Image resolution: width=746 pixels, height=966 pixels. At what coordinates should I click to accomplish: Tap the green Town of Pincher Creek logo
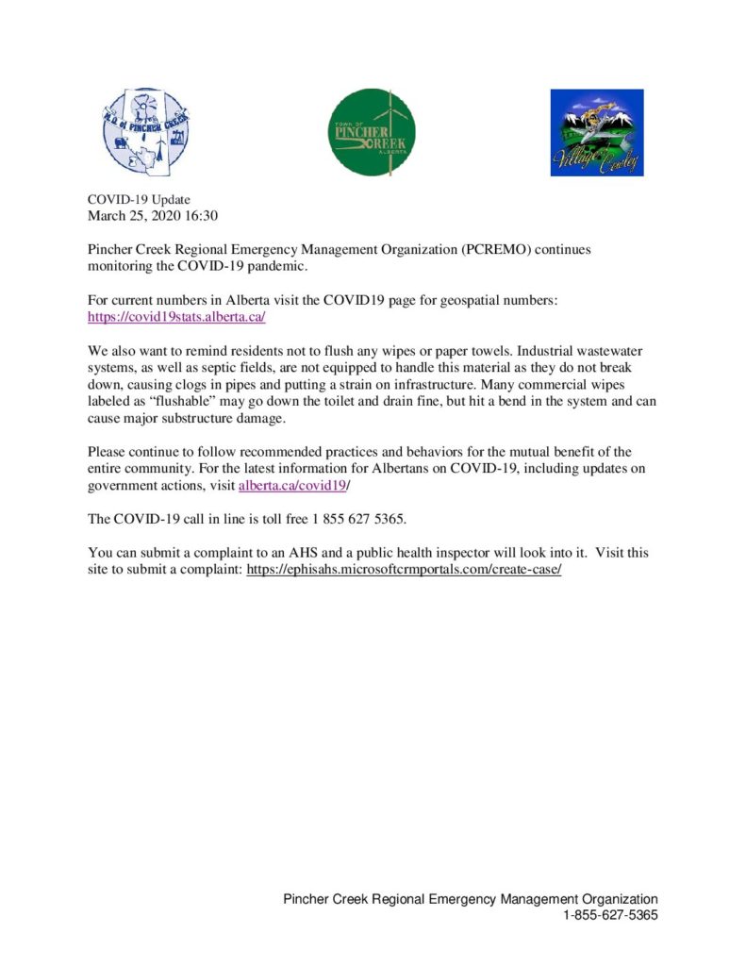point(373,133)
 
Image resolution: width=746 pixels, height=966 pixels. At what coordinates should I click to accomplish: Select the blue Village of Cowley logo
point(596,133)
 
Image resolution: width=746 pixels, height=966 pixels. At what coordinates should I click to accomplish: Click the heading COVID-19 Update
point(139,200)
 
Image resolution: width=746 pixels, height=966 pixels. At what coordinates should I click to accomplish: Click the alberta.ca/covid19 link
point(292,485)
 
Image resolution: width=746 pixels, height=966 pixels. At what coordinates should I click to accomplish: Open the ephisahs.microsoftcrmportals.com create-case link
point(404,571)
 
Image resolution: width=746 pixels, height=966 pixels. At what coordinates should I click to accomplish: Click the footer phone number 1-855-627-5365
point(610,915)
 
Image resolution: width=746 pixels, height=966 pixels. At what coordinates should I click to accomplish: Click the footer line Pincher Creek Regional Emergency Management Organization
point(471,899)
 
